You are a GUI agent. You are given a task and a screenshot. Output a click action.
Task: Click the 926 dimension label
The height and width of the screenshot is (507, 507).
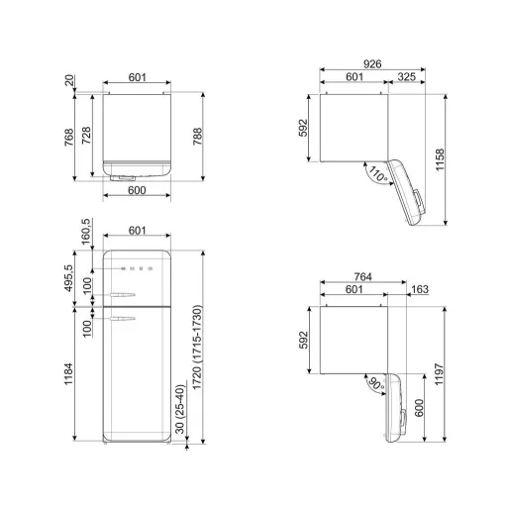click(372, 64)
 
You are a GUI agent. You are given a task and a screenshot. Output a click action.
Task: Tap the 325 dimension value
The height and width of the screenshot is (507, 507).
click(406, 77)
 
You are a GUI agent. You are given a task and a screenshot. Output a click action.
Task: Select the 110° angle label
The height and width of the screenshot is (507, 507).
click(378, 174)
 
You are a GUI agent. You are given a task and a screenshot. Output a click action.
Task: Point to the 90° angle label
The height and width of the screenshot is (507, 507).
click(376, 383)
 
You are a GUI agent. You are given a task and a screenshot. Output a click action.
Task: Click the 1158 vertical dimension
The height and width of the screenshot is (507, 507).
click(440, 159)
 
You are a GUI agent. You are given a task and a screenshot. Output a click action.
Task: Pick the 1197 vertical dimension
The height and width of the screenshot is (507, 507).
click(440, 374)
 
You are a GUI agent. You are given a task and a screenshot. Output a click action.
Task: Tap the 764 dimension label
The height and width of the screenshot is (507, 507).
click(363, 276)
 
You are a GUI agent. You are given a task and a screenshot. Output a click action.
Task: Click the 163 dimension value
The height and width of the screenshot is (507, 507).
click(420, 289)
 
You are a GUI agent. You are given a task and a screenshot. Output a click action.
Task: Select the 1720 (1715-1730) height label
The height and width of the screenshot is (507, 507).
click(197, 348)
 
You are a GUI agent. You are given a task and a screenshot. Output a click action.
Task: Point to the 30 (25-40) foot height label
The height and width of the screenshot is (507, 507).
click(180, 409)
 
